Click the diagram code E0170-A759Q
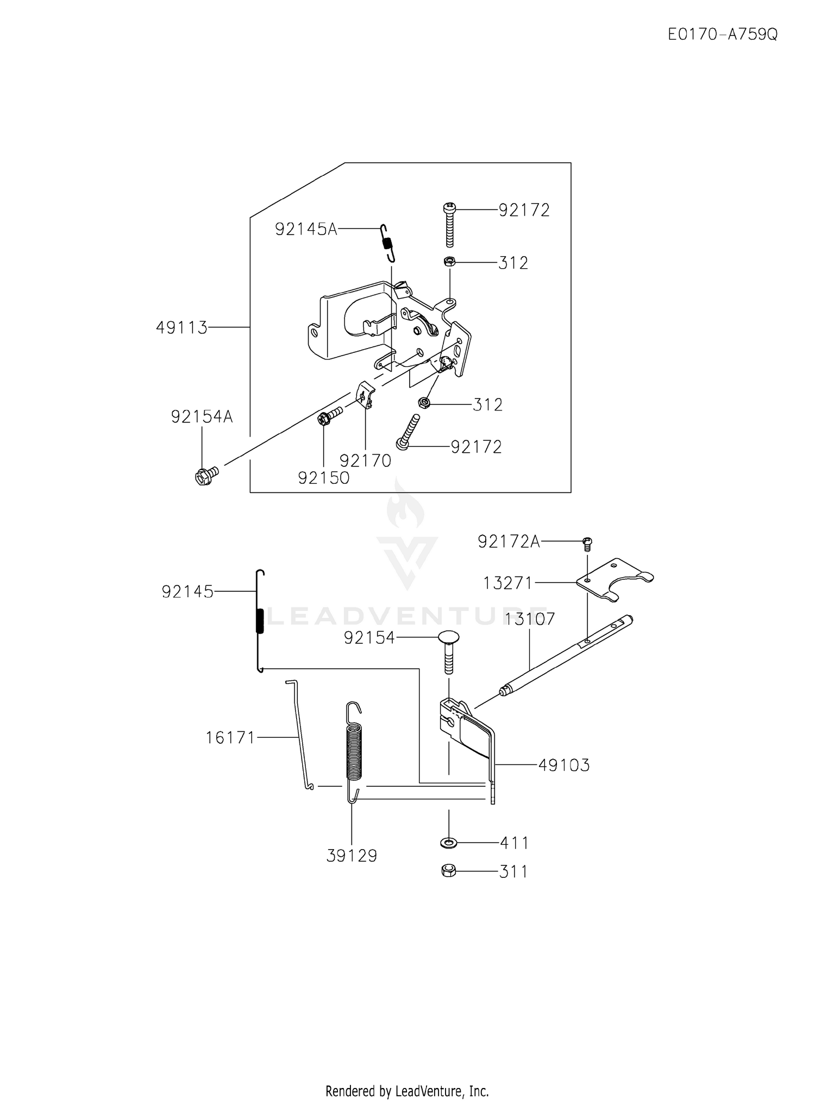723,35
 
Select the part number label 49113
181,328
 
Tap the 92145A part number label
306,230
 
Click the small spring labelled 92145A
387,243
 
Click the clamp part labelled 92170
366,395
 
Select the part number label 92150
324,478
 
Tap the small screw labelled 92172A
587,543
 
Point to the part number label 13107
530,619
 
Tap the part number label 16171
230,738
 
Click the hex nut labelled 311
449,871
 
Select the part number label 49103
564,765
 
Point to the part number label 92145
187,592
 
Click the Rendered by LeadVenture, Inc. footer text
407,1076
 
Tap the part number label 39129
352,856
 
